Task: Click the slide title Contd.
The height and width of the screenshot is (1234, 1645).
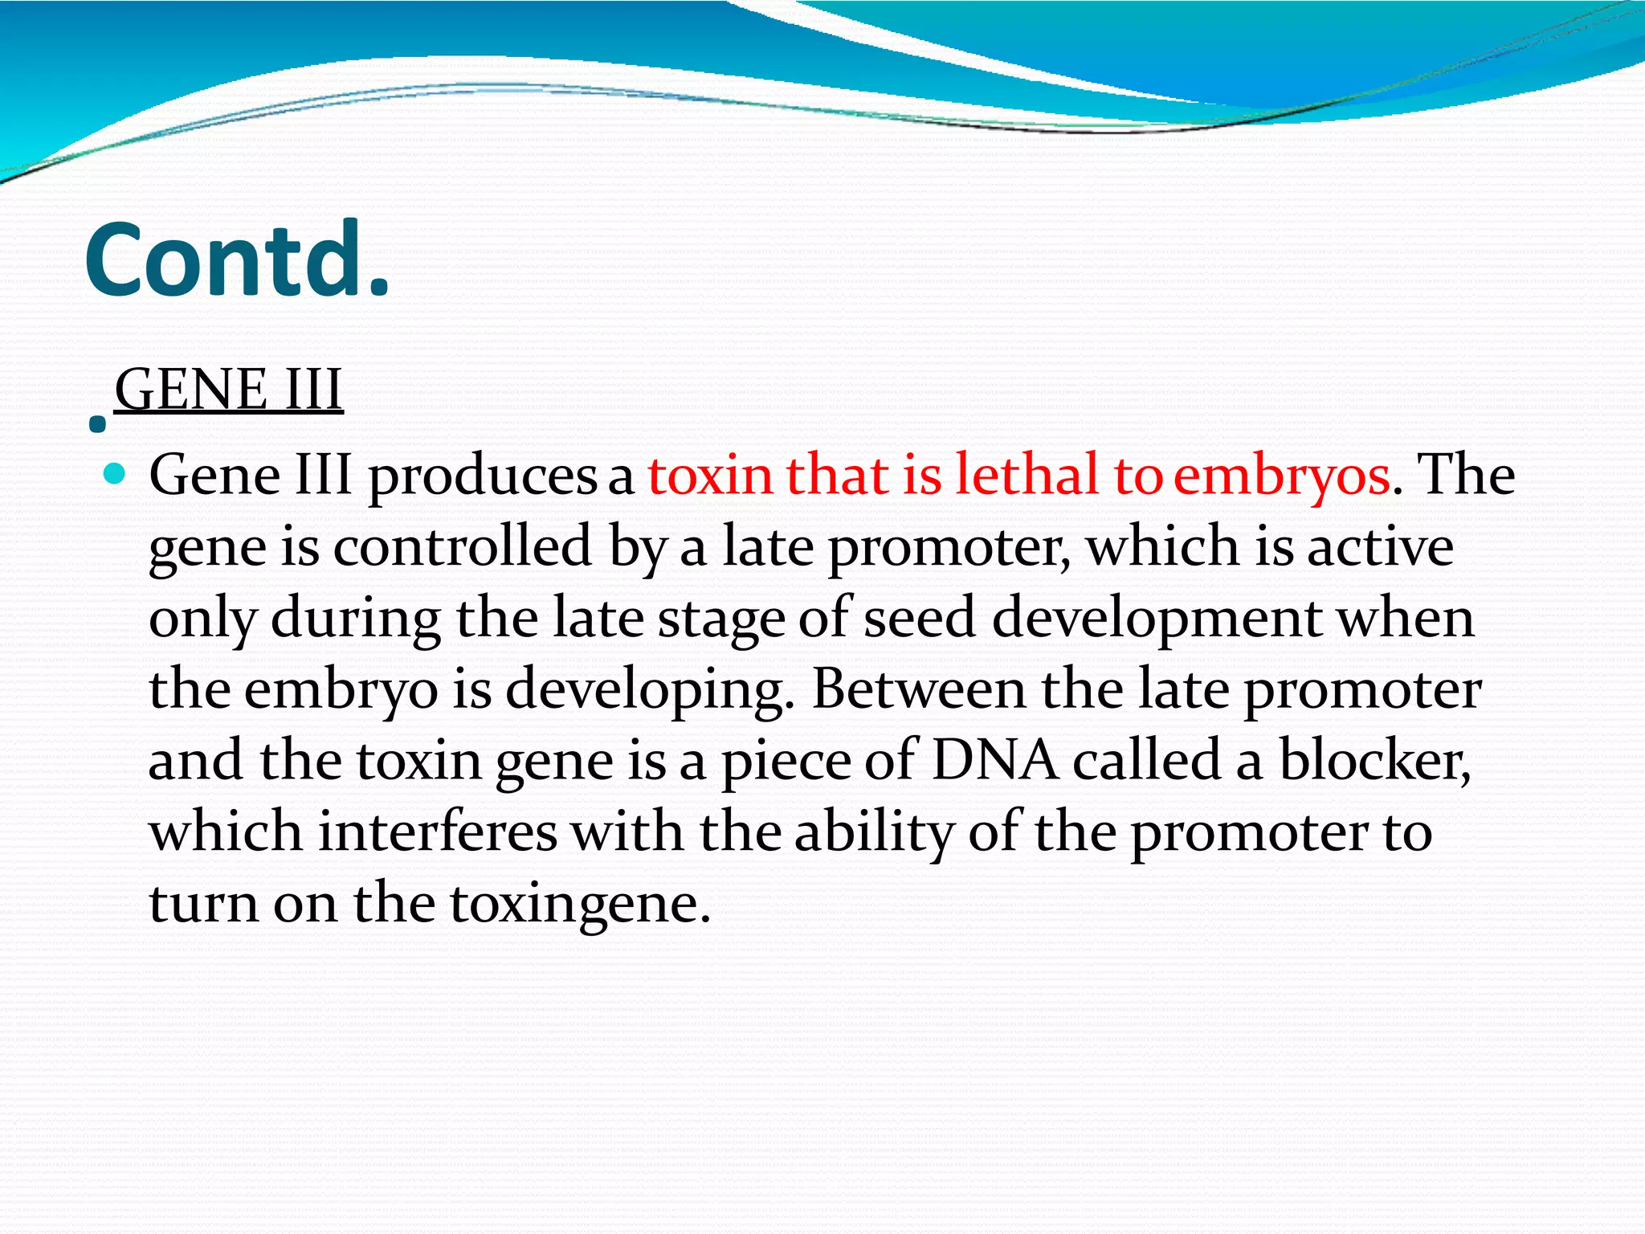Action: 237,260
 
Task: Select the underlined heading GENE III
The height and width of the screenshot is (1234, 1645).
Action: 229,390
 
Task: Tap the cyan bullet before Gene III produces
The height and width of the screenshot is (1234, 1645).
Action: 116,474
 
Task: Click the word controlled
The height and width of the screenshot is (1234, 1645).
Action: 463,546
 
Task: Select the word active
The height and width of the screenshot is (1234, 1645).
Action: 1380,546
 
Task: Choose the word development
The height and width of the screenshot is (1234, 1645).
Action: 1157,619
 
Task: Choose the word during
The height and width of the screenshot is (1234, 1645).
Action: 356,619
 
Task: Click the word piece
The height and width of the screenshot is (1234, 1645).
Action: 786,761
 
